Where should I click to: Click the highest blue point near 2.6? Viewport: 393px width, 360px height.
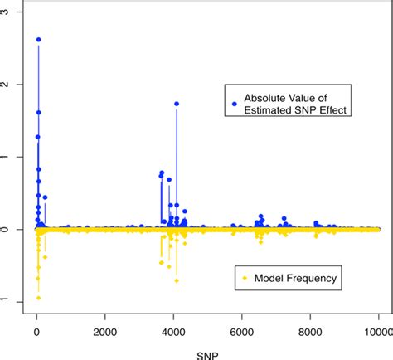[38, 40]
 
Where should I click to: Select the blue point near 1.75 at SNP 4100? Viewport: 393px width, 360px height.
[177, 104]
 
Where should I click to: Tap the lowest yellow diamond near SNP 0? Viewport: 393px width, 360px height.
[38, 298]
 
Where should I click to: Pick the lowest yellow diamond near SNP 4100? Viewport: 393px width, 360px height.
[177, 280]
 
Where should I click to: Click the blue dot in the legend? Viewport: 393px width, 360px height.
[234, 104]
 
